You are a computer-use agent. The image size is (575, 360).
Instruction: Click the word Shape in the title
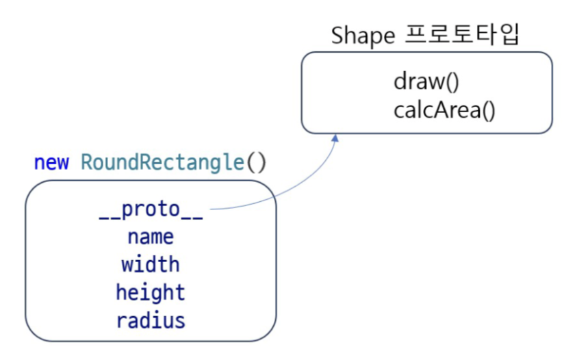coord(363,36)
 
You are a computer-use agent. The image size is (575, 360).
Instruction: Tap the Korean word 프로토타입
coord(462,34)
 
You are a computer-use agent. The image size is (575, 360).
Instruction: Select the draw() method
coord(426,81)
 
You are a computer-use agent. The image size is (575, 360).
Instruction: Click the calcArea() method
coord(444,110)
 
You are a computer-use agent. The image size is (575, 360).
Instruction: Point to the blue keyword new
coord(51,162)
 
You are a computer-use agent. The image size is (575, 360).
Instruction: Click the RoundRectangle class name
coord(162,162)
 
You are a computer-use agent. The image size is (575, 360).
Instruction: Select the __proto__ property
coord(151,210)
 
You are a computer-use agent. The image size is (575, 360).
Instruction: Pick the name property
coord(151,237)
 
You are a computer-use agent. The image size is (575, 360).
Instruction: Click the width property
coord(151,264)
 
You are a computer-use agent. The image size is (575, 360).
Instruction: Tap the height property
coord(151,292)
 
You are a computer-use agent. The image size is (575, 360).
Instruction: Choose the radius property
coord(151,320)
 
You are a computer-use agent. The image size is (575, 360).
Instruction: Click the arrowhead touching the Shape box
coord(335,138)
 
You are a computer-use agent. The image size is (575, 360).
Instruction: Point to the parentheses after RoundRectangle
coord(256,162)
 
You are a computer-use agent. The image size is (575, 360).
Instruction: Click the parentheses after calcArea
coord(489,110)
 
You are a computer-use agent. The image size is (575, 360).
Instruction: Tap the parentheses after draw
coord(452,81)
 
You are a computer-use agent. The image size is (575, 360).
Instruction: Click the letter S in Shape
coord(337,36)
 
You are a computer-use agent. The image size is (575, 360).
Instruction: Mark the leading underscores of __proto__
coord(110,219)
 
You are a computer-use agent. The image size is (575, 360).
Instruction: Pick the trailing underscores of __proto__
coord(192,219)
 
